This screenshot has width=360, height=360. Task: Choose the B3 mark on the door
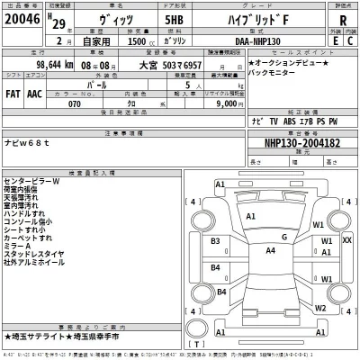click(215, 241)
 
